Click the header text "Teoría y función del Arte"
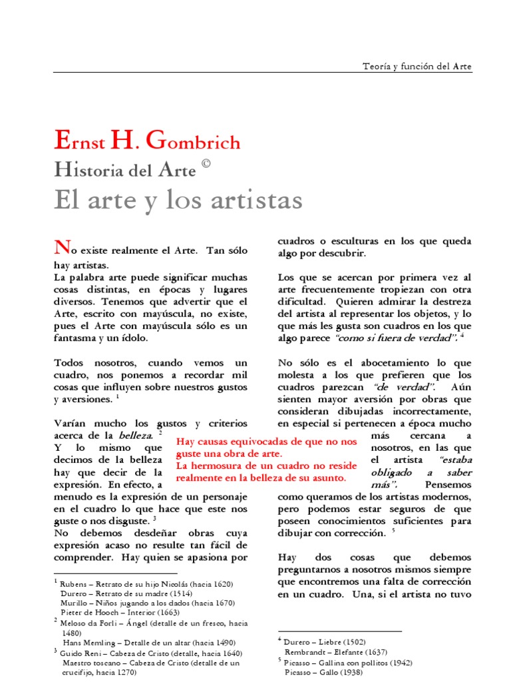click(x=417, y=67)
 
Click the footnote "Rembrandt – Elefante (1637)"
click(x=335, y=652)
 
